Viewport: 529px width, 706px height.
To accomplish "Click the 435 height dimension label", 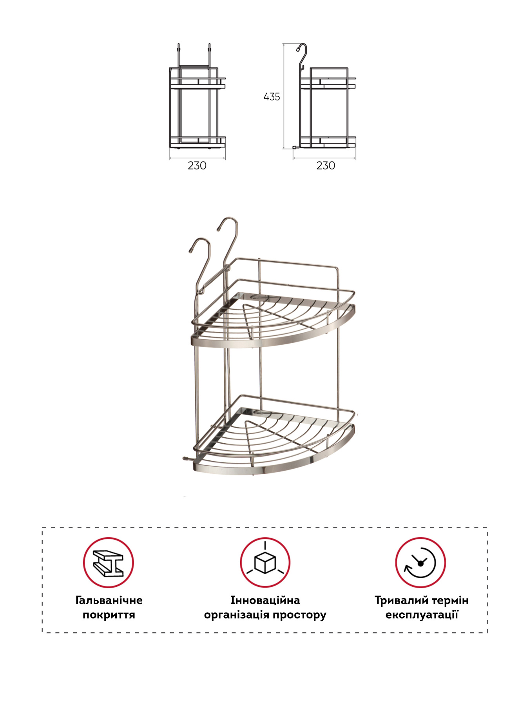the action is [x=272, y=96].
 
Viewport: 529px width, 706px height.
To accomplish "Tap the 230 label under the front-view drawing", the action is [x=197, y=166].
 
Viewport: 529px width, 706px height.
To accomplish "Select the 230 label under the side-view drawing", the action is [x=326, y=166].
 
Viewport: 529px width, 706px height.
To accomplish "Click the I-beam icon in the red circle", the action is [x=108, y=562].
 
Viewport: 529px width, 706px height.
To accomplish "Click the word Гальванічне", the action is [x=109, y=600].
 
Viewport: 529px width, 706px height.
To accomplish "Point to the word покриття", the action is [x=109, y=615].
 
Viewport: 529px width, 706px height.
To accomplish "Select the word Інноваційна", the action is [x=265, y=600].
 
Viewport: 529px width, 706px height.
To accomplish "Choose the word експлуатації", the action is [x=422, y=615].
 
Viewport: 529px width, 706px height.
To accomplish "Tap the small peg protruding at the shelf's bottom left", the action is [x=187, y=458].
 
